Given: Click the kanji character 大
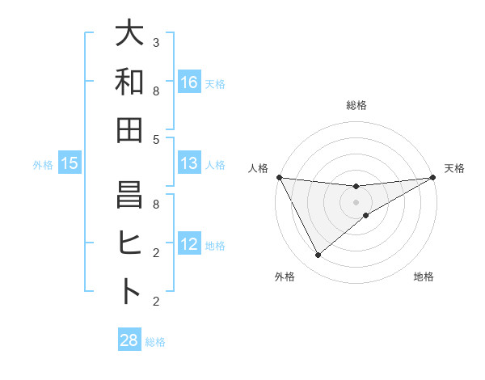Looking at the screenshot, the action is [129, 34].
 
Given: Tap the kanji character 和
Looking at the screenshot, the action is [129, 82].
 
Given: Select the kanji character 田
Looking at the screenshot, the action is [129, 129].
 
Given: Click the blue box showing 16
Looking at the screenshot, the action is [189, 82].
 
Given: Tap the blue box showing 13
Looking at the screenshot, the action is [189, 163].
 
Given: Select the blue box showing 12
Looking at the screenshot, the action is [189, 244].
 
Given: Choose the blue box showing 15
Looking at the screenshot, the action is [70, 163].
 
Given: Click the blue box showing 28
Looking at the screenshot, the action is [129, 340].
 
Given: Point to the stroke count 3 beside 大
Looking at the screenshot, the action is [156, 42].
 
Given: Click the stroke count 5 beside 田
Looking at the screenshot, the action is [156, 139].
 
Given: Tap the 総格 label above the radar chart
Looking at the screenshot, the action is [356, 105].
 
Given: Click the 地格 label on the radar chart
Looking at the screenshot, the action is [424, 277].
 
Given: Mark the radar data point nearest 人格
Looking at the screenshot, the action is [279, 177].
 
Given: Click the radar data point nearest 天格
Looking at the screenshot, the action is [433, 177].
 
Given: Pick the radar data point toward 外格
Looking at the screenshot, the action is [318, 255].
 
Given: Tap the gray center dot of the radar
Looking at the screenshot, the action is [356, 201].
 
